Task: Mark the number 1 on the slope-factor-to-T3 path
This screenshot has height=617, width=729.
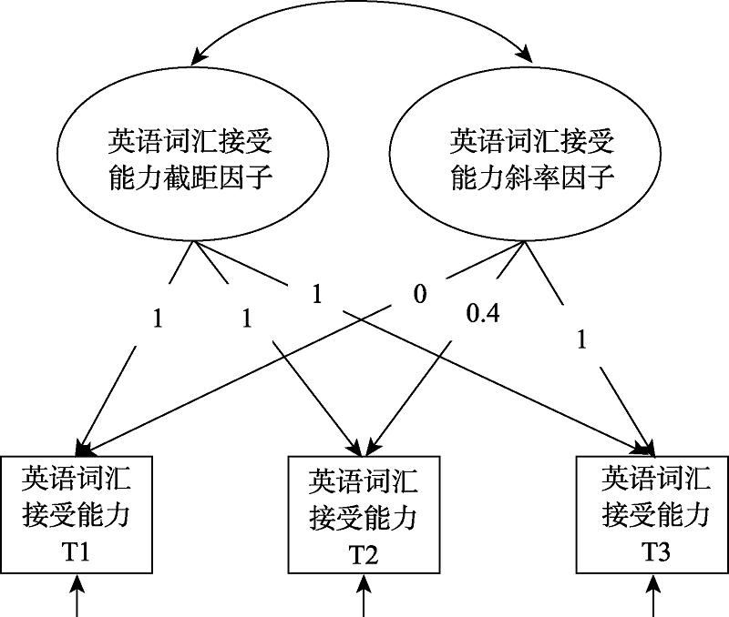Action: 582,340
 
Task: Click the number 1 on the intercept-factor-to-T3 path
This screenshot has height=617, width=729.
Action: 317,294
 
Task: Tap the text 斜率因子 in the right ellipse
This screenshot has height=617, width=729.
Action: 566,177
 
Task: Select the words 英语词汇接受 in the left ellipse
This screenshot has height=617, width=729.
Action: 190,142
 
